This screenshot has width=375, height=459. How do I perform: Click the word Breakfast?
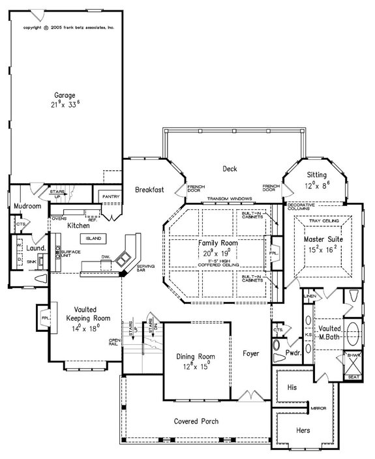coord(149,190)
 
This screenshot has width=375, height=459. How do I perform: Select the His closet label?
coord(292,387)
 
